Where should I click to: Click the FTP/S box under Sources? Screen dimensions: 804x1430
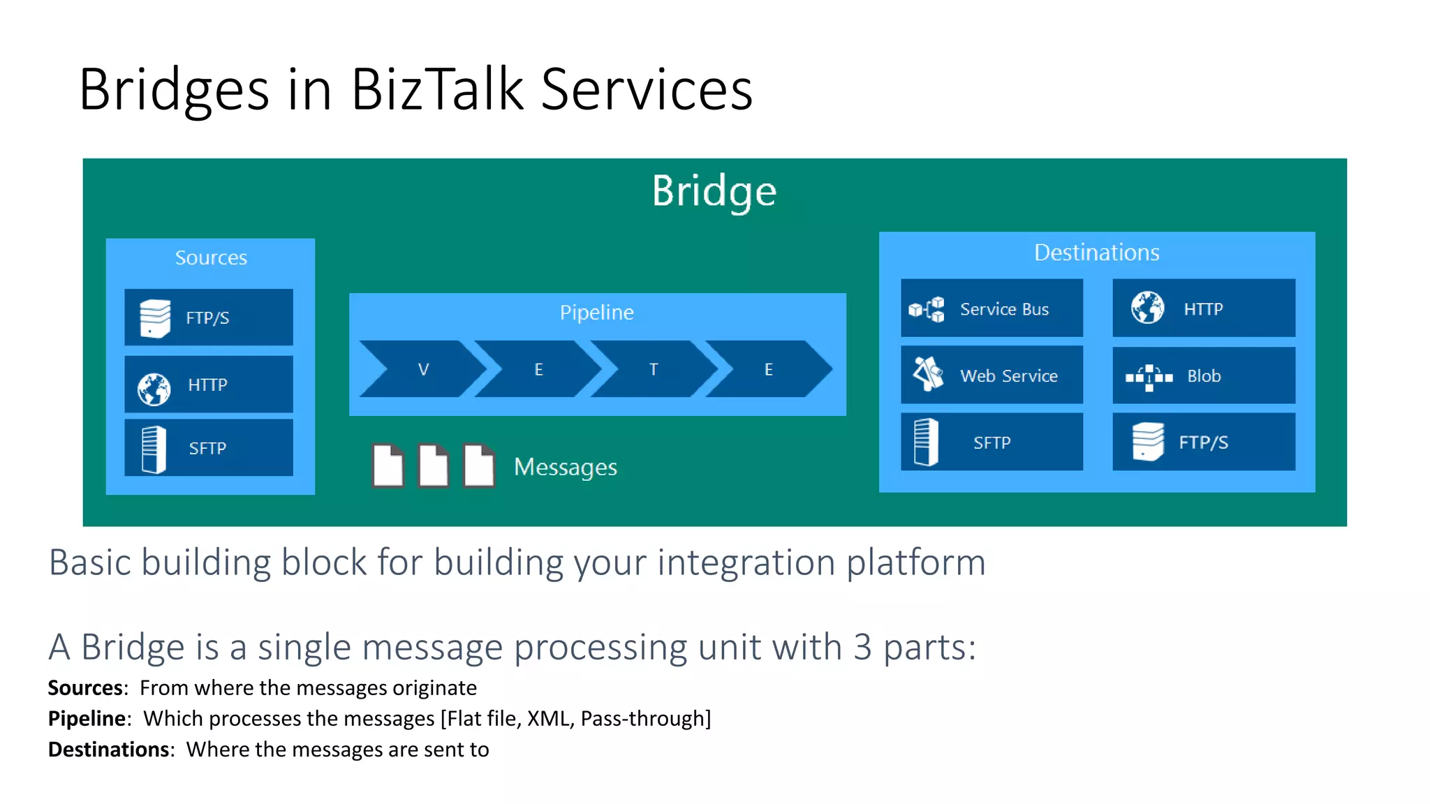(x=208, y=318)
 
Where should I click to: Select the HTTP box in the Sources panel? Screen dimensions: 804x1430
(x=208, y=385)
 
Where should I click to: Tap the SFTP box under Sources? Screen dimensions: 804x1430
(x=208, y=448)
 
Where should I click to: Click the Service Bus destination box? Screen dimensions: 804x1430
(x=992, y=308)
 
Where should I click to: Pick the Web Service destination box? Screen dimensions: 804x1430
(x=992, y=375)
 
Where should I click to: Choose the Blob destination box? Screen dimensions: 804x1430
(x=1203, y=375)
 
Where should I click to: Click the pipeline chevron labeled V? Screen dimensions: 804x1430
(x=423, y=369)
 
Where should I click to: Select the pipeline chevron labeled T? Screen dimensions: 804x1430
(x=653, y=369)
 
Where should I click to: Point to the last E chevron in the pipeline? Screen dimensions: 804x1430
(x=768, y=369)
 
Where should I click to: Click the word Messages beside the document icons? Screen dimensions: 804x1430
(x=565, y=467)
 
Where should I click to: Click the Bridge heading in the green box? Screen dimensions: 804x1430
(x=714, y=191)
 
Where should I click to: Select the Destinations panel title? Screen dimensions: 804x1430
(x=1096, y=253)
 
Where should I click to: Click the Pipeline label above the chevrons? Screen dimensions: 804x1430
(x=596, y=312)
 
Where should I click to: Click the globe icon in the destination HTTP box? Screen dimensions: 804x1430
(x=1147, y=308)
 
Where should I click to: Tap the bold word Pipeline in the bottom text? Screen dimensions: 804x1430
(x=87, y=719)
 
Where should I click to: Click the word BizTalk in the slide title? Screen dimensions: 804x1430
(x=437, y=89)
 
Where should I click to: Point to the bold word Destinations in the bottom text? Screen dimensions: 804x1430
(x=108, y=750)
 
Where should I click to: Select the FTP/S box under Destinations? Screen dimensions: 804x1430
(x=1203, y=442)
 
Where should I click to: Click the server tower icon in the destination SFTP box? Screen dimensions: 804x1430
(x=926, y=442)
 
